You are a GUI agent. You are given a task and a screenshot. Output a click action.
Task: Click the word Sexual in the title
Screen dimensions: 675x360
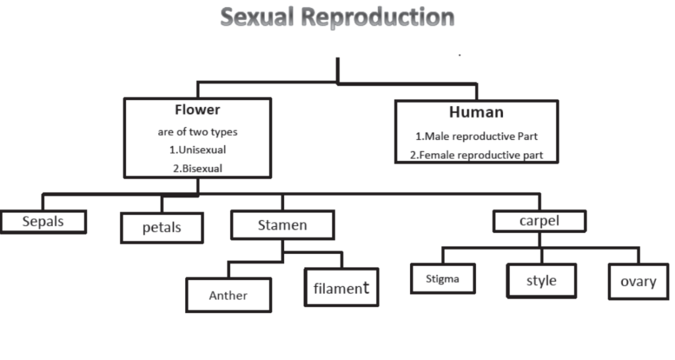coord(258,17)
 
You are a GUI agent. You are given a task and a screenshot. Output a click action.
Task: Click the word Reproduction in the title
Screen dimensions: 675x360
coord(378,17)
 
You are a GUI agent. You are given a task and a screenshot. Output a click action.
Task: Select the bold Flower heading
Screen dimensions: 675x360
coord(197,110)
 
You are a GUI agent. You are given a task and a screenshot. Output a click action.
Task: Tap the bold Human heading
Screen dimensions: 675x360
coord(476,112)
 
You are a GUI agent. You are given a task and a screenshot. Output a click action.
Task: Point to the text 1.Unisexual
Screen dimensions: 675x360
coord(197,150)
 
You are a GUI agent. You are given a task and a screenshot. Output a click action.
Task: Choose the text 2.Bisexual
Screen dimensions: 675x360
coord(198,168)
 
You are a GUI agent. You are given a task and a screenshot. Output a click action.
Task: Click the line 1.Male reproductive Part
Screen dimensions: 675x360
coord(476,136)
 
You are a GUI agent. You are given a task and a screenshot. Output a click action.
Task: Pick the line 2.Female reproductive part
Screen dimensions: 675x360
coord(476,155)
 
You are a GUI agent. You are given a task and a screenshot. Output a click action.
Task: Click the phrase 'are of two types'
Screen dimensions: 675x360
coord(197,132)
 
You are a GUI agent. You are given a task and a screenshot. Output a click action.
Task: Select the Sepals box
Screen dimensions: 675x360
coord(44,222)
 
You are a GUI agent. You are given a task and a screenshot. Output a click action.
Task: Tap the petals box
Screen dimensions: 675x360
coord(162,227)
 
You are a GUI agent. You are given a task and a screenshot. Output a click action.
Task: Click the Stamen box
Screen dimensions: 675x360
coord(282,225)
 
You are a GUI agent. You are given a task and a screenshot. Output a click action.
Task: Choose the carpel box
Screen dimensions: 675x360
coord(539,221)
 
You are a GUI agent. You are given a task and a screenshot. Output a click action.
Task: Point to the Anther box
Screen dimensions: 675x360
coord(228,295)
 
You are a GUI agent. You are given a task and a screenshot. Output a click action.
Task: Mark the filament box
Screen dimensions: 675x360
coord(341,287)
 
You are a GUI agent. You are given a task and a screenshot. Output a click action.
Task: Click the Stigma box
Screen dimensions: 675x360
coord(442,279)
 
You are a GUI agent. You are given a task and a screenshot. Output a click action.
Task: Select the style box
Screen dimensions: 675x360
coord(542,281)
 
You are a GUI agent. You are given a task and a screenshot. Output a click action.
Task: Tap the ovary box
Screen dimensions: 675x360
coord(638,282)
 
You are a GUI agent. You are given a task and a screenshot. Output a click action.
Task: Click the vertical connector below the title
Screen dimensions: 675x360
coord(337,70)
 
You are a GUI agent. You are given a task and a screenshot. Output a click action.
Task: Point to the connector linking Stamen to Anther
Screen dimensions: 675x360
coord(256,261)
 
